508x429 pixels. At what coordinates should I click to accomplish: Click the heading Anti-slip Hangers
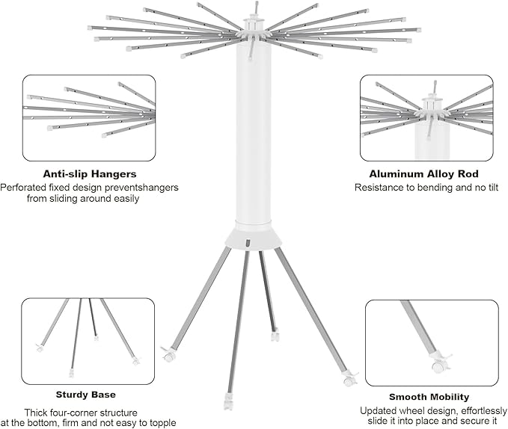(x=90, y=174)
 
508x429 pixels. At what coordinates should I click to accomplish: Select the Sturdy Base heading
(x=86, y=394)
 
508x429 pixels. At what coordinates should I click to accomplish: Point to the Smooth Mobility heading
(x=429, y=397)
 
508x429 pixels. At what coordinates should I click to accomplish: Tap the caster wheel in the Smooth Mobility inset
(x=437, y=366)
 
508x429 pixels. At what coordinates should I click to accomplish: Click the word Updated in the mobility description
(x=377, y=410)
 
